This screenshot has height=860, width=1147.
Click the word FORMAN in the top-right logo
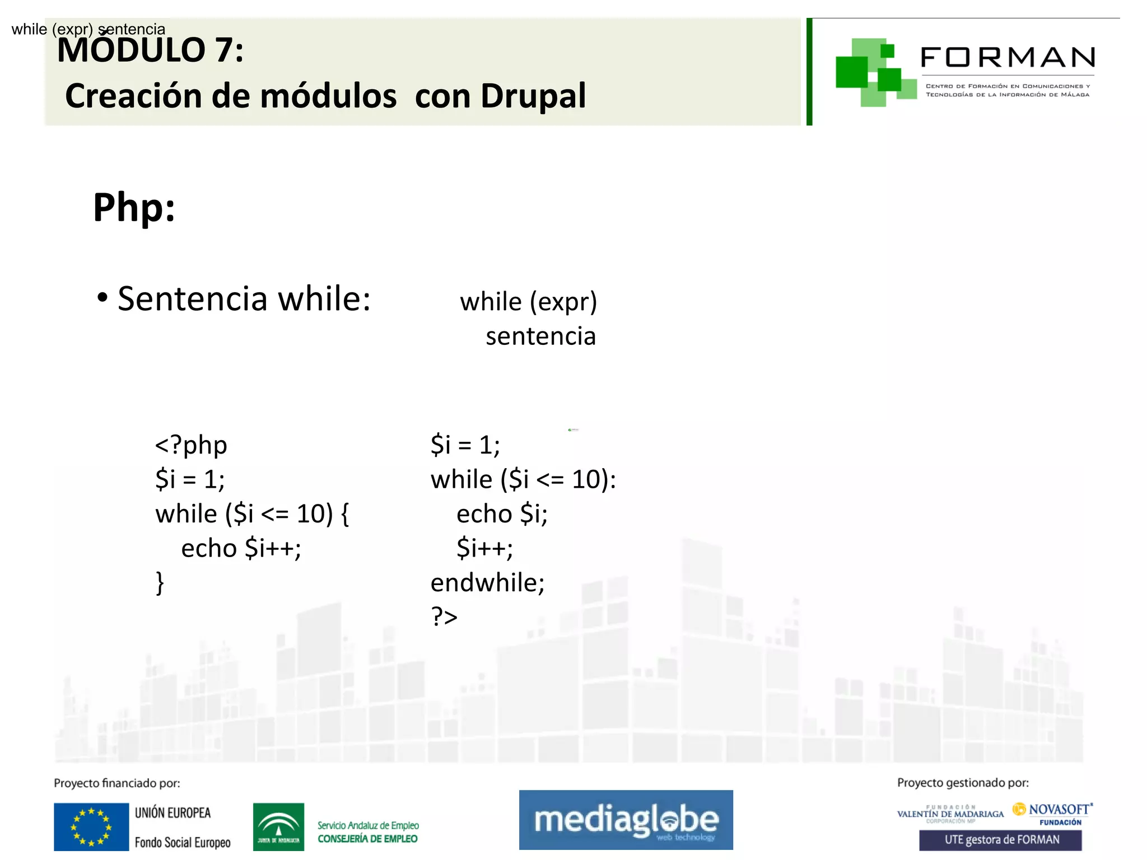pos(1008,58)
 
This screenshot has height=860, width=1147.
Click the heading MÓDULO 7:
pos(151,50)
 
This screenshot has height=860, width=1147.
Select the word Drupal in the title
pos(533,96)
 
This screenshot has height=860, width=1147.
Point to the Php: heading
pos(134,208)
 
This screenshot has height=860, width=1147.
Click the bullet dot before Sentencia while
pos(102,297)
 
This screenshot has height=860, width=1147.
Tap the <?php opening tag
pos(191,445)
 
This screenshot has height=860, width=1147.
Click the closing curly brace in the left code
pos(160,583)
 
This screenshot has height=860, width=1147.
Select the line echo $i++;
pos(241,548)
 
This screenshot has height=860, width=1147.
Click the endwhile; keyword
pos(487,583)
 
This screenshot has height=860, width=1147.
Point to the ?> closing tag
pos(444,617)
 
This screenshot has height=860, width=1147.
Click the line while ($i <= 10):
pos(523,480)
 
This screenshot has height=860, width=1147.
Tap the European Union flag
pos(91,827)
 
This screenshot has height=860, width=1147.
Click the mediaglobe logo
pos(626,820)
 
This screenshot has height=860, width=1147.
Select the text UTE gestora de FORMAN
pos(1001,840)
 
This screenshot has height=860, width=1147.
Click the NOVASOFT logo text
pos(1059,810)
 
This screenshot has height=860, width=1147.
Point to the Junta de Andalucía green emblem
pos(278,827)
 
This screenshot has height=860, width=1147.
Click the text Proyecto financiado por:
pos(117,783)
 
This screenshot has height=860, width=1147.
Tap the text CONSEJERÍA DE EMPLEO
pos(367,839)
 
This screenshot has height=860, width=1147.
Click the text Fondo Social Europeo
pos(183,843)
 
